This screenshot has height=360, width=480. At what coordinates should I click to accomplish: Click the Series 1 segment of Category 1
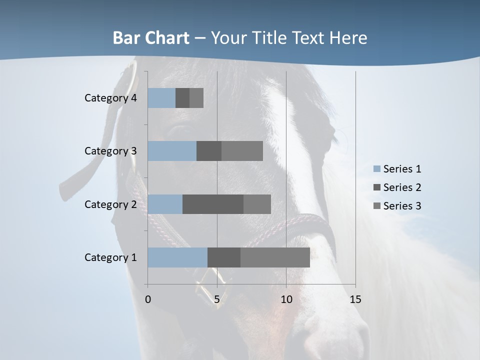[177, 257]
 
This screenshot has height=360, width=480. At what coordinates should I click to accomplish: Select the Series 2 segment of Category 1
[223, 257]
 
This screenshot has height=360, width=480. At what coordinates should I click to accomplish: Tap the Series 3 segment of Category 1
[275, 257]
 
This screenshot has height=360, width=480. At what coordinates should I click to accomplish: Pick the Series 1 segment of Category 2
[165, 204]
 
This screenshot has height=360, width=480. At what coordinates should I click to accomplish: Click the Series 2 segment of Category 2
[212, 204]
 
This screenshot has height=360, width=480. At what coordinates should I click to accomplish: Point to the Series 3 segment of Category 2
[257, 204]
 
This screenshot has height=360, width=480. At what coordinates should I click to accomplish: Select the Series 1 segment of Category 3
[172, 151]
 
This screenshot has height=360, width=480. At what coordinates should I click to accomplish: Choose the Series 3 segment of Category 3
[242, 151]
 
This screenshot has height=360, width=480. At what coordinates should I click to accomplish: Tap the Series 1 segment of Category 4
[161, 97]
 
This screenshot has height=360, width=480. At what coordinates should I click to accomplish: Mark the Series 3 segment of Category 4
[196, 97]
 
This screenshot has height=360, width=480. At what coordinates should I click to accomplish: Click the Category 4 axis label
[110, 98]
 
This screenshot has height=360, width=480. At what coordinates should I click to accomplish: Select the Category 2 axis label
[110, 204]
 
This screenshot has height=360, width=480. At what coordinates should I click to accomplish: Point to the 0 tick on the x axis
[148, 299]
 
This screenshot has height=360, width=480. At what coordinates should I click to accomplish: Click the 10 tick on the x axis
[286, 299]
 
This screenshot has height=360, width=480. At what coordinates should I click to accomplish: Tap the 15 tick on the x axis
[355, 299]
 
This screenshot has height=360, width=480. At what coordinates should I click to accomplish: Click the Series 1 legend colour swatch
[376, 169]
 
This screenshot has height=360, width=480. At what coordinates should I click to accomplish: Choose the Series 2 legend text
[402, 187]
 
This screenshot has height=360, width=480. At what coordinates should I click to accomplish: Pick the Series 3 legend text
[402, 206]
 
